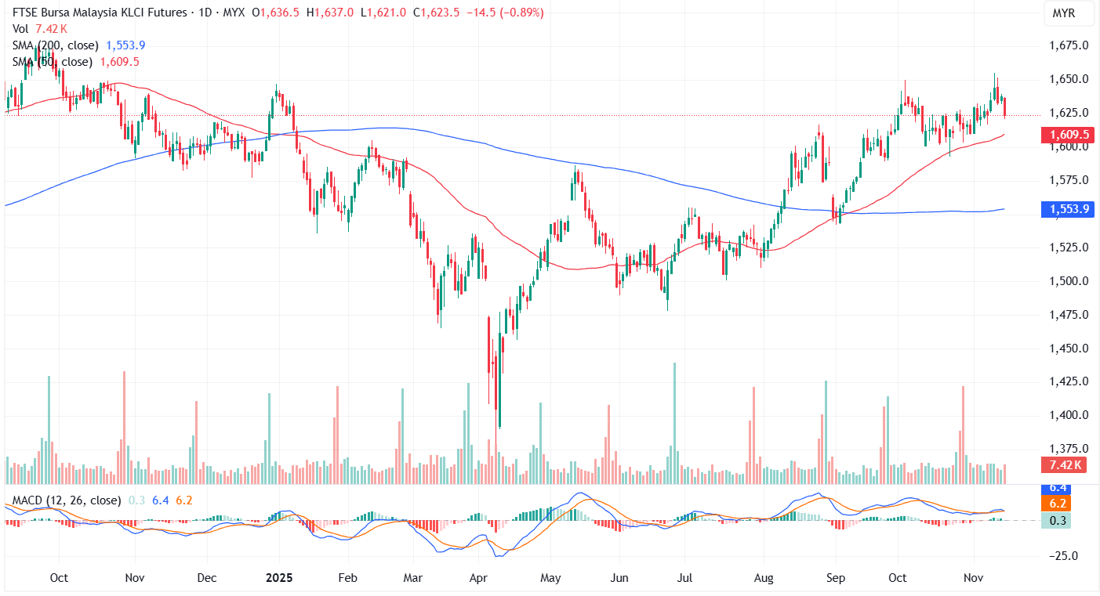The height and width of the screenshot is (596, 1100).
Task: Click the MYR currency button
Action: pos(1063,13)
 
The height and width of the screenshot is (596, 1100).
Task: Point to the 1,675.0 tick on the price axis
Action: pos(1067,45)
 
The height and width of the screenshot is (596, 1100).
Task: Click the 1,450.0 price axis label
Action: pos(1067,348)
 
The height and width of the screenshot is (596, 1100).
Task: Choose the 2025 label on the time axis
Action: pos(278,578)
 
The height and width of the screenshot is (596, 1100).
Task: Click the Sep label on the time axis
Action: pos(835,578)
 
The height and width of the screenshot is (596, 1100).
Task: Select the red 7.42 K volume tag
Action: pos(1063,465)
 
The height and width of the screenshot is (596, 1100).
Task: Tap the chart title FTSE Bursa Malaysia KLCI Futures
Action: pos(96,13)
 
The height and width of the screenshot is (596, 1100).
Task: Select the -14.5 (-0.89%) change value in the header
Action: pos(501,13)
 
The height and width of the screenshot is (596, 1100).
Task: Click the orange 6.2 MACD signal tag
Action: pos(1058,503)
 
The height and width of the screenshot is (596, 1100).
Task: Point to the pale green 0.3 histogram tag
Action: pos(1058,520)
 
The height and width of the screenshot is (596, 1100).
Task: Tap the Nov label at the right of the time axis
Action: pos(973,578)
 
